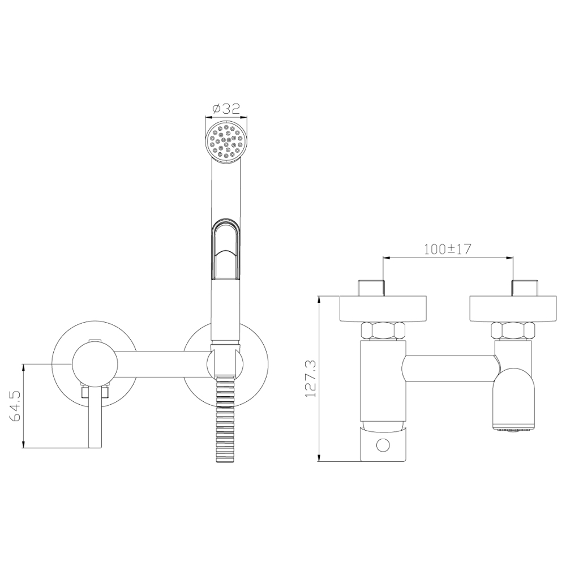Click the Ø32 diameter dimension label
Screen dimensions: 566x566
[226, 109]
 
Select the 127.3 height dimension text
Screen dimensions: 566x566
[311, 378]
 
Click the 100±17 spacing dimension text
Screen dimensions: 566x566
[447, 249]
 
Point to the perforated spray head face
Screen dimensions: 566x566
[226, 141]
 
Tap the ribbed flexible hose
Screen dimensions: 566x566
[226, 420]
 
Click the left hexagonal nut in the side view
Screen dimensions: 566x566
[383, 331]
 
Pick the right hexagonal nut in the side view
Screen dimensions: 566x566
[513, 331]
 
